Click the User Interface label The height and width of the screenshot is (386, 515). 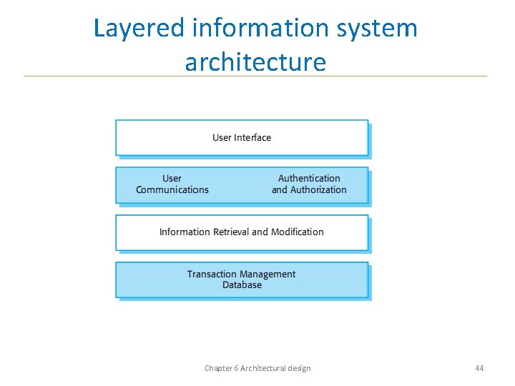click(242, 137)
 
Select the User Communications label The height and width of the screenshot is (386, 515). click(172, 184)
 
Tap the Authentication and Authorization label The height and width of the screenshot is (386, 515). click(309, 184)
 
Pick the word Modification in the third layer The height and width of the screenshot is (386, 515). click(297, 232)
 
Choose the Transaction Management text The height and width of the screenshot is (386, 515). click(241, 274)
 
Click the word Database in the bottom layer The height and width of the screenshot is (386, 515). click(242, 284)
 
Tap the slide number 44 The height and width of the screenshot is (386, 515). click(479, 368)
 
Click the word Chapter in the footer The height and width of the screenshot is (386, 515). click(218, 368)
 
